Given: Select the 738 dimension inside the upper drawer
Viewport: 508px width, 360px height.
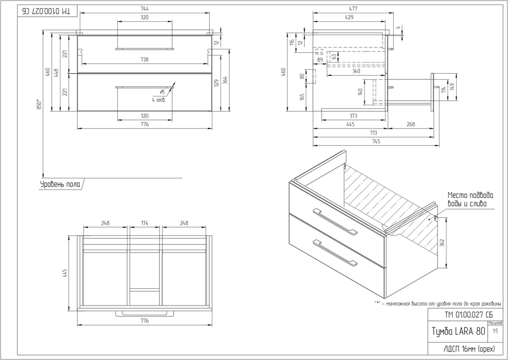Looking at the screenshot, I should point(145,59).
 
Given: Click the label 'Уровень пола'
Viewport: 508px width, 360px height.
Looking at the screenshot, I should point(60,184).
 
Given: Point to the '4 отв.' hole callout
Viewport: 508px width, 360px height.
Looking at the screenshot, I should point(158,99).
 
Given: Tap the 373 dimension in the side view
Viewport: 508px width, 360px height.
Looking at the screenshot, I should point(354,116).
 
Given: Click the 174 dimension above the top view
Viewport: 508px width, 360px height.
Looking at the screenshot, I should point(145,223).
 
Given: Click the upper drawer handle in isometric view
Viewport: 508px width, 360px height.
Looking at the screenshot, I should point(335,222).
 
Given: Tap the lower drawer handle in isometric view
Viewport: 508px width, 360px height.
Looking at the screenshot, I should point(335,252).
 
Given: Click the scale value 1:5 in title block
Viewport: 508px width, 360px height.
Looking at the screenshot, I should point(495,331).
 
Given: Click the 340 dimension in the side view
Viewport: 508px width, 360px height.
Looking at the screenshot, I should point(356,71).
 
